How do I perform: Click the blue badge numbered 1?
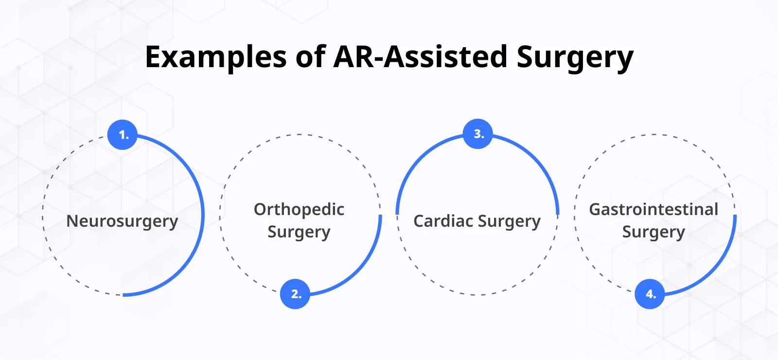[x=122, y=134]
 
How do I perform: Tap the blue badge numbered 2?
[x=295, y=293]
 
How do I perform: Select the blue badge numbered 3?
[x=477, y=133]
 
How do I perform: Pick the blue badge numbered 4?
[x=650, y=293]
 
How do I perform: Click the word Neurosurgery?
[x=122, y=221]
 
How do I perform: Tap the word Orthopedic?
[x=299, y=210]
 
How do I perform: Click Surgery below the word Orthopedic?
[x=299, y=232]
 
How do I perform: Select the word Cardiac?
[x=443, y=221]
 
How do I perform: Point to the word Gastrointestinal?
[x=654, y=210]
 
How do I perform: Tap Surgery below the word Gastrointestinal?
[x=654, y=232]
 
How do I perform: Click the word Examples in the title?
[x=216, y=57]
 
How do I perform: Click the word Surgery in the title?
[x=575, y=57]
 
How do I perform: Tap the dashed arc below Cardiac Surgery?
[x=477, y=295]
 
